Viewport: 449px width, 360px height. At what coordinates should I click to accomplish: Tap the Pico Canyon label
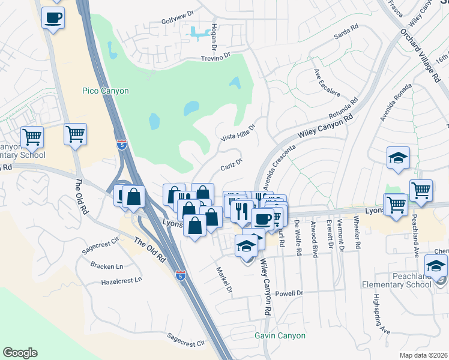click(x=105, y=91)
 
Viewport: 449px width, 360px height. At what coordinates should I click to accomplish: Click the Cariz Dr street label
click(x=231, y=163)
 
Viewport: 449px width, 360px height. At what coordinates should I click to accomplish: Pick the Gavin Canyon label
click(x=280, y=336)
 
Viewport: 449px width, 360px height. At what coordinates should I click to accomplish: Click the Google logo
click(x=20, y=353)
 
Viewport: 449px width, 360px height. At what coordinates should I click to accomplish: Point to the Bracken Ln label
click(x=107, y=265)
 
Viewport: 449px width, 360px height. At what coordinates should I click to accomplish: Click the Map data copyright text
click(x=424, y=355)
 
